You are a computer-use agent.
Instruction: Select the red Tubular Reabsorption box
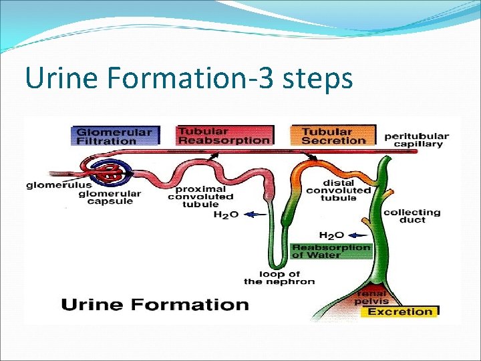click(224, 136)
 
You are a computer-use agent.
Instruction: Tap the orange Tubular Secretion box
click(329, 136)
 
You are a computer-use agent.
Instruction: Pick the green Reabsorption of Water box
click(331, 251)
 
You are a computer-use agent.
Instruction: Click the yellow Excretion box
click(400, 312)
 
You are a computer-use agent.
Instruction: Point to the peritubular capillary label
click(417, 140)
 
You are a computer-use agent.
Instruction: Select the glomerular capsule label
click(110, 198)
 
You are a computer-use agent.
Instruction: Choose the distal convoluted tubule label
click(338, 190)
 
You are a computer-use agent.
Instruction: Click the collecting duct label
click(412, 216)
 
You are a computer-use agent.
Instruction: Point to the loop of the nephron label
click(279, 277)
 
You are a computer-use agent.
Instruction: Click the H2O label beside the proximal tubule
click(226, 215)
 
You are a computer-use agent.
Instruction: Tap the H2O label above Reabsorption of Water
click(331, 235)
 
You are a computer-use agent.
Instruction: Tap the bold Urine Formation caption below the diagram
click(155, 306)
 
